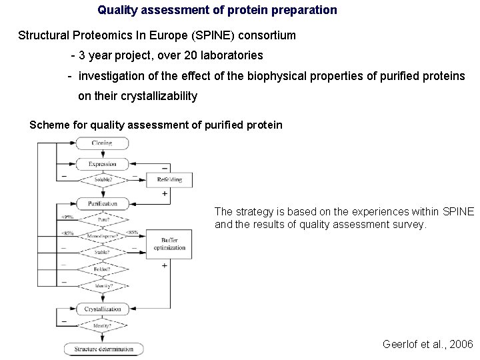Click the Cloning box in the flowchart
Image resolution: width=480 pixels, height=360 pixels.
click(x=102, y=143)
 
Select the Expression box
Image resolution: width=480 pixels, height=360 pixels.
click(x=102, y=164)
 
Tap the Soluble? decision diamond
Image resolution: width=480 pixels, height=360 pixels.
click(x=102, y=180)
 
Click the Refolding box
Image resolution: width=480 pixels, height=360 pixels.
click(x=169, y=180)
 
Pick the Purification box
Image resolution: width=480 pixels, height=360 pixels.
click(x=102, y=203)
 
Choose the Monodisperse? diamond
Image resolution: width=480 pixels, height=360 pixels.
click(x=102, y=235)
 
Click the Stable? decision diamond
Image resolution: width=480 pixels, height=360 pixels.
click(x=102, y=253)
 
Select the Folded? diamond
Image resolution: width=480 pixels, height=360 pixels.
click(x=102, y=269)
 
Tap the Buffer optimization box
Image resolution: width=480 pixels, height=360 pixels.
click(x=169, y=243)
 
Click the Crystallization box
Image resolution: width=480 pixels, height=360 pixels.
click(x=102, y=309)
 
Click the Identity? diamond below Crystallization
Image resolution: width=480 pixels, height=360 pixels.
click(x=102, y=326)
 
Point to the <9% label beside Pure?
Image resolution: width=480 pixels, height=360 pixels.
click(x=67, y=216)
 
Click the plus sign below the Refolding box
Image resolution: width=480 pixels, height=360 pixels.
click(x=164, y=193)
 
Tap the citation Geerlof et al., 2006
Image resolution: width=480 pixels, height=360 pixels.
click(x=427, y=345)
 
